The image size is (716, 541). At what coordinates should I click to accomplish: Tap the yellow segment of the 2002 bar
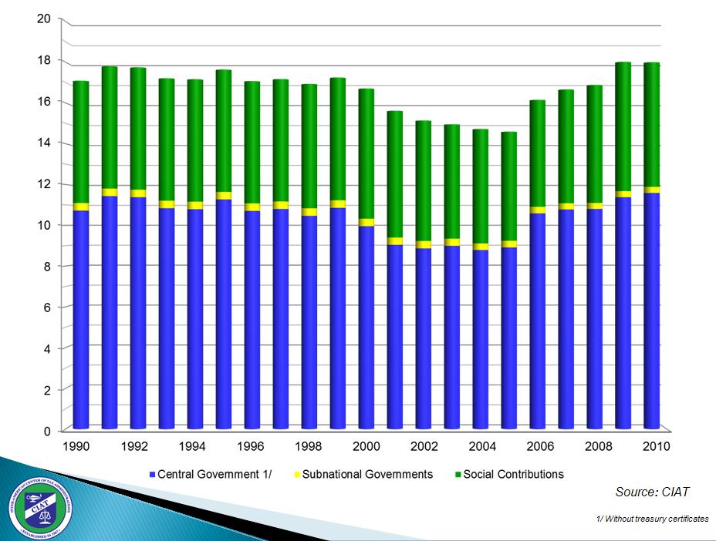click(424, 244)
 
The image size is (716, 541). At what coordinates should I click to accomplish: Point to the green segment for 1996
click(252, 143)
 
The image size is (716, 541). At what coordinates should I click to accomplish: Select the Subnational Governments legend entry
click(367, 474)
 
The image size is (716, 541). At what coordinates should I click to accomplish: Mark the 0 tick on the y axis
click(47, 431)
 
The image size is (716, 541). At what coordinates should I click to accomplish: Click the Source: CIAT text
click(652, 492)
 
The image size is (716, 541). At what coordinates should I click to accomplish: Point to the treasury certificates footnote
click(652, 519)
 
